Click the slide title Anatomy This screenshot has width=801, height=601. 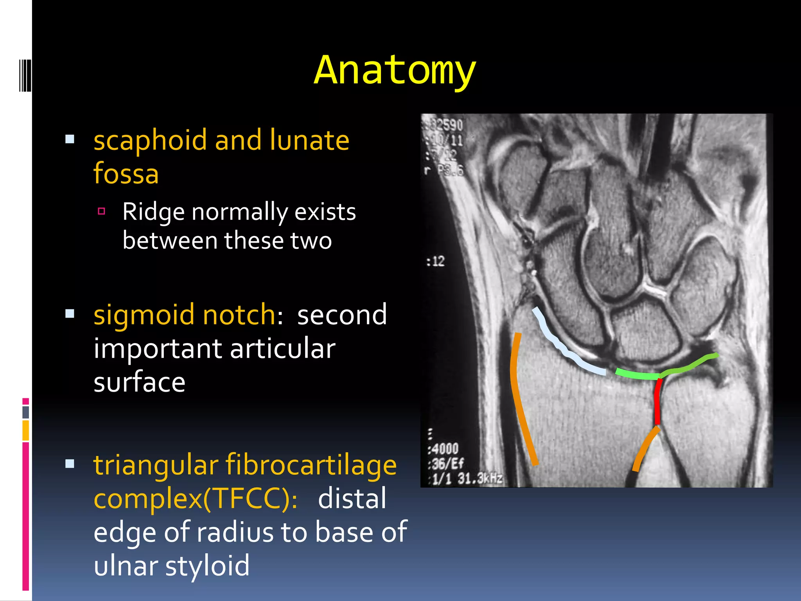[395, 70]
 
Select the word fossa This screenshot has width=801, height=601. [126, 173]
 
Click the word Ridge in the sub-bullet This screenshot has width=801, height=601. [153, 212]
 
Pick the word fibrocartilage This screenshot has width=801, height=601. [311, 466]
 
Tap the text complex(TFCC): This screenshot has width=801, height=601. [196, 499]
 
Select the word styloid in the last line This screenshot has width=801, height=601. [207, 566]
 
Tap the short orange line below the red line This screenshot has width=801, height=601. [645, 450]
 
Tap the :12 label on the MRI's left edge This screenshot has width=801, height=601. [435, 261]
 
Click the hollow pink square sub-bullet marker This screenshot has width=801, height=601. [102, 211]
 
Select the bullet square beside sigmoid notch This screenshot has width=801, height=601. [70, 314]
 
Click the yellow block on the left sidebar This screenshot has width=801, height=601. [25, 430]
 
